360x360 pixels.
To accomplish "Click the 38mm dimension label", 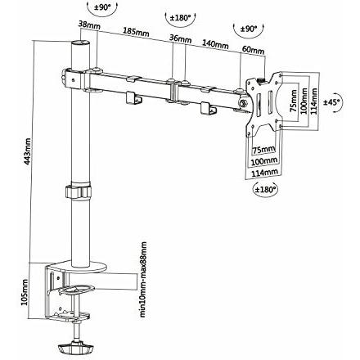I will [89, 25].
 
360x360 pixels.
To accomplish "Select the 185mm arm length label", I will [136, 33].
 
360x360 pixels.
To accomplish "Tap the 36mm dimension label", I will [180, 38].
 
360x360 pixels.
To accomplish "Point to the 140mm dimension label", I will [214, 44].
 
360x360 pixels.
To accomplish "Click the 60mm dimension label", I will [253, 51].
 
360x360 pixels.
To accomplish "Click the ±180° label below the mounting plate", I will [265, 189].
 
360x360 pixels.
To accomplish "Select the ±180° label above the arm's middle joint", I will [179, 19].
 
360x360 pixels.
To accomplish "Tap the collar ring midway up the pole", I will [79, 194].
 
